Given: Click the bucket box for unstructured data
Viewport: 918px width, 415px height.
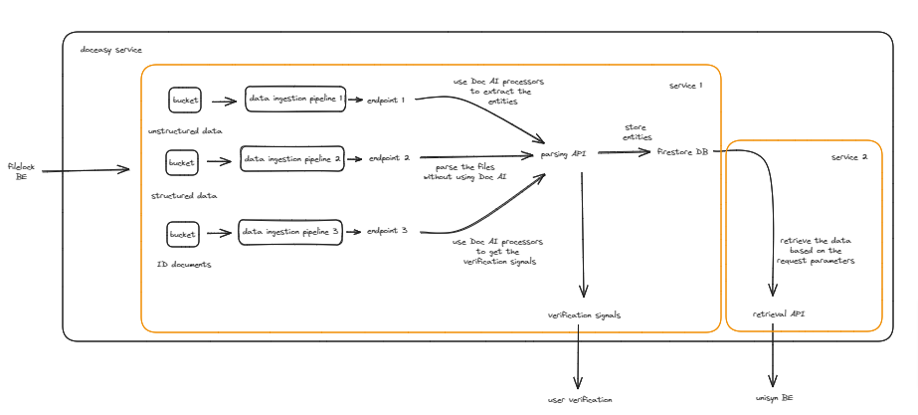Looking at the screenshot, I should [x=185, y=100].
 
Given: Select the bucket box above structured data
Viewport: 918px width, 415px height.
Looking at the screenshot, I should [x=181, y=161].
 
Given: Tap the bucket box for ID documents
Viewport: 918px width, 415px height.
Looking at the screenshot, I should [x=183, y=234].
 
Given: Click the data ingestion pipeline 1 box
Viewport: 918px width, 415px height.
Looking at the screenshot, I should [x=296, y=100].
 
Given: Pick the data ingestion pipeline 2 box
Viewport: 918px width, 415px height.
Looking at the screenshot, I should [x=292, y=159].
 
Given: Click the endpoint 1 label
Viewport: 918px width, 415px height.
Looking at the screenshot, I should [x=387, y=100].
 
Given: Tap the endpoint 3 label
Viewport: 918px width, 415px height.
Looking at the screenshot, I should [x=388, y=231].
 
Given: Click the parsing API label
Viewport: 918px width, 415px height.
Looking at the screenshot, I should [x=563, y=155].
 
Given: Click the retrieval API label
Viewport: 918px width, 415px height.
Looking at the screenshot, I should [x=779, y=313].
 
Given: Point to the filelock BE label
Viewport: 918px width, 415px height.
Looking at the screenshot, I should [x=21, y=171].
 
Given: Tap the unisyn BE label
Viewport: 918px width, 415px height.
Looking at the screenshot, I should [x=774, y=397].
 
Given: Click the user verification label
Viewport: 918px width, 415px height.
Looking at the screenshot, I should [x=580, y=399].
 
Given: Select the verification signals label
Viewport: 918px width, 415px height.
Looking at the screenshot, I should [x=584, y=314].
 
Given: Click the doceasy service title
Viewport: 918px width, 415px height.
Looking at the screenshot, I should [x=110, y=49].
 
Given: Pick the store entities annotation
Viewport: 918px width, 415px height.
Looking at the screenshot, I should [x=638, y=132].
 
